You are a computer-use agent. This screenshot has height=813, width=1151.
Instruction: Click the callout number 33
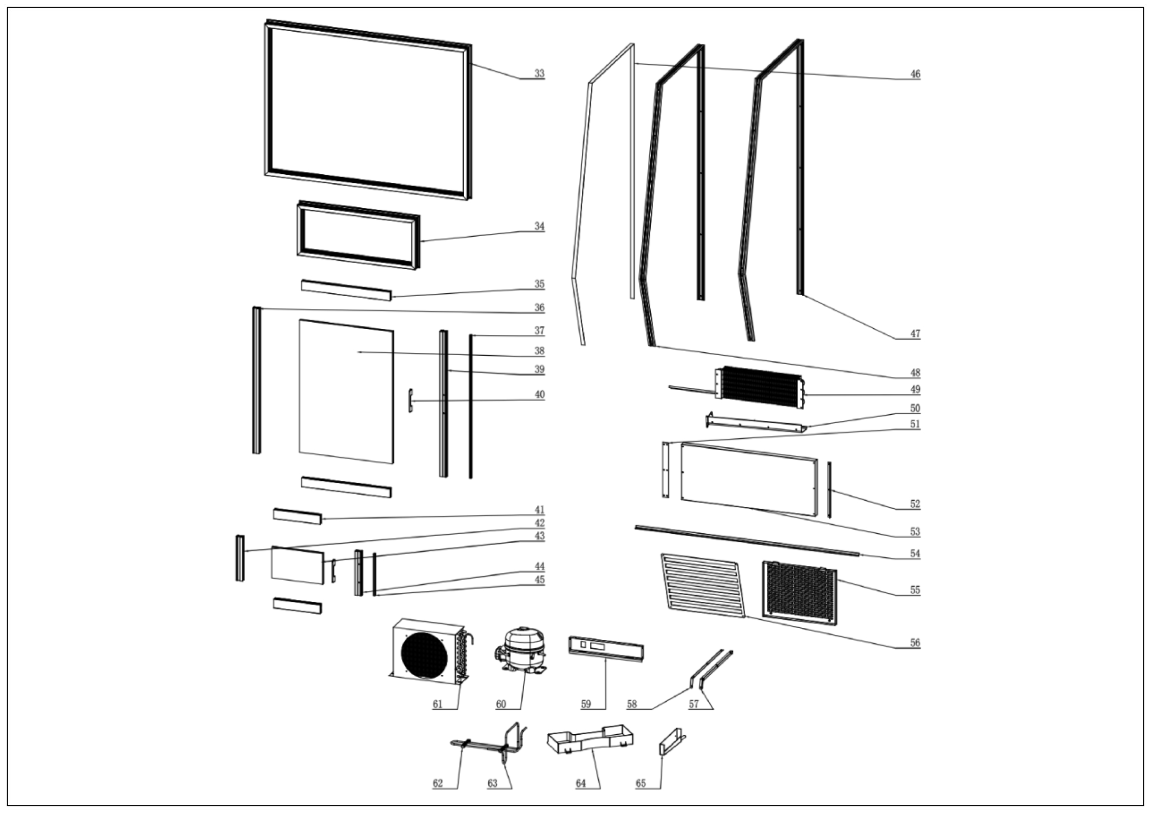pos(539,73)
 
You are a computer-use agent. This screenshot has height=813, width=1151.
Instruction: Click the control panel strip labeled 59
pos(606,649)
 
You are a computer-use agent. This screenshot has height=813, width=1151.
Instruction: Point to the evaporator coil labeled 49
pos(760,387)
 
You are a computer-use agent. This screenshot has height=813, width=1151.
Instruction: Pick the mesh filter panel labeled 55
pos(799,592)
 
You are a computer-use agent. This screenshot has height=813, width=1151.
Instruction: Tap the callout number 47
pos(915,334)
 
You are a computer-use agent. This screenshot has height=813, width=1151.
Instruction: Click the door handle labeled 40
pos(411,400)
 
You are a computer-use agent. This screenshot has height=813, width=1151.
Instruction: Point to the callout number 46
pos(915,74)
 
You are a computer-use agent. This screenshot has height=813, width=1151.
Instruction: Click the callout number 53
pos(915,531)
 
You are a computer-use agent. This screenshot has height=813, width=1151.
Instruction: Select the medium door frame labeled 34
pos(359,235)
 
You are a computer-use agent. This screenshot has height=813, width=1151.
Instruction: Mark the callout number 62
pos(438,783)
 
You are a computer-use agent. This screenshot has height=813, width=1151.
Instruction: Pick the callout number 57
pos(693,704)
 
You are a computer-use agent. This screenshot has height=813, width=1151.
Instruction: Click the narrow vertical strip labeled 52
pos(829,490)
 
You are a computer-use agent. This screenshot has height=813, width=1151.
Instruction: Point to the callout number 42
pos(539,523)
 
